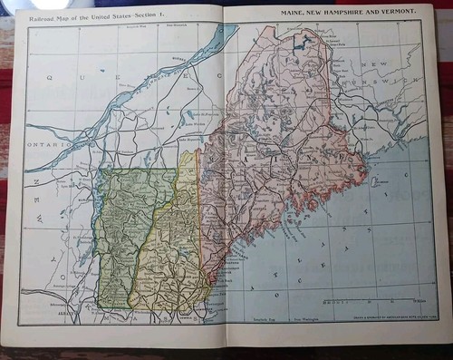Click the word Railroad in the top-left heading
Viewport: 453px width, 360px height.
[43, 15]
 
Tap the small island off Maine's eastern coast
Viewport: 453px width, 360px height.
[374, 181]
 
